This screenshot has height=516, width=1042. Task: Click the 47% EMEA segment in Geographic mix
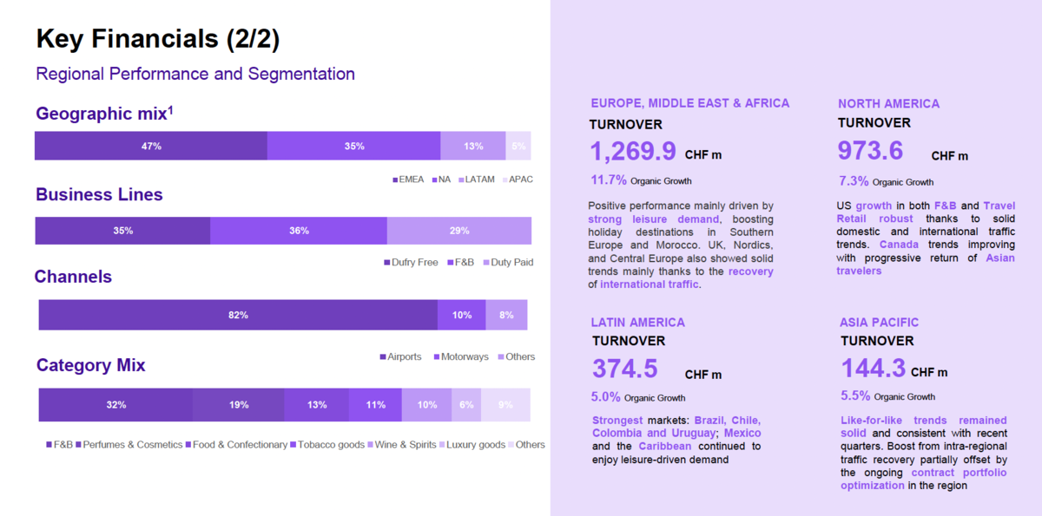pyautogui.click(x=151, y=146)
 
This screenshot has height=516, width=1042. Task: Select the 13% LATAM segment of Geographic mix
pyautogui.click(x=472, y=146)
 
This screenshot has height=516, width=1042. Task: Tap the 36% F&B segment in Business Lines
pyautogui.click(x=299, y=231)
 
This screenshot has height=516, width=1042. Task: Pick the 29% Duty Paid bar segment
pyautogui.click(x=458, y=231)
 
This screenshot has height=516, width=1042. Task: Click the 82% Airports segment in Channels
pyautogui.click(x=238, y=315)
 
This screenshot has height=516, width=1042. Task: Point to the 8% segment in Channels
pyautogui.click(x=506, y=315)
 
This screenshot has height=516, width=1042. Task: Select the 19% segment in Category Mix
pyautogui.click(x=239, y=405)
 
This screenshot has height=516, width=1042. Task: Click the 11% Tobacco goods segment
pyautogui.click(x=375, y=405)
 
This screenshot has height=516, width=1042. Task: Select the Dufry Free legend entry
pyautogui.click(x=411, y=262)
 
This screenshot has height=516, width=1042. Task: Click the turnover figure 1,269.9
pyautogui.click(x=633, y=152)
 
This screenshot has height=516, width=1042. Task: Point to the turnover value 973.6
pyautogui.click(x=870, y=150)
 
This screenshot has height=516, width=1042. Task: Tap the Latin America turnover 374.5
pyautogui.click(x=624, y=369)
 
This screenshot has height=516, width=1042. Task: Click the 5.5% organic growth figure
pyautogui.click(x=855, y=395)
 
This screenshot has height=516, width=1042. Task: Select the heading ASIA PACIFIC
pyautogui.click(x=879, y=323)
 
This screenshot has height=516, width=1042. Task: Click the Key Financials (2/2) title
pyautogui.click(x=158, y=39)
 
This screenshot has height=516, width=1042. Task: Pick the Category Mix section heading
pyautogui.click(x=91, y=365)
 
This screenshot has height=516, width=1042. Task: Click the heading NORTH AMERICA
pyautogui.click(x=888, y=104)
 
